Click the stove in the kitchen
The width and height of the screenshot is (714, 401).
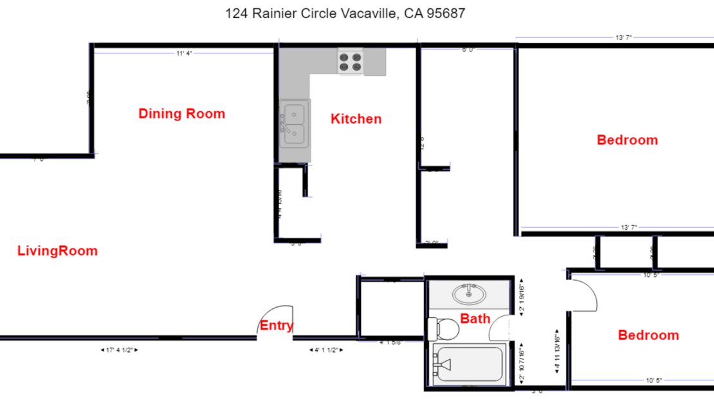pyautogui.click(x=351, y=62)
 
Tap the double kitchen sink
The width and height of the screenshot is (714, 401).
pyautogui.click(x=294, y=124)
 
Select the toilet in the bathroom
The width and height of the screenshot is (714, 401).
pyautogui.click(x=444, y=329)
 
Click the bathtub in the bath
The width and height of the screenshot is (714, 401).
pyautogui.click(x=468, y=365)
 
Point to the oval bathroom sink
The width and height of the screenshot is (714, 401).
pyautogui.click(x=470, y=294)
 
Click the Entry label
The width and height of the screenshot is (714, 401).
pyautogui.click(x=277, y=326)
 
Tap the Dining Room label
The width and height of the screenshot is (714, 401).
pyautogui.click(x=182, y=114)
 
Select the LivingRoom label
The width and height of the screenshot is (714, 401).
pyautogui.click(x=57, y=251)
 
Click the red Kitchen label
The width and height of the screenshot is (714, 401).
pyautogui.click(x=356, y=119)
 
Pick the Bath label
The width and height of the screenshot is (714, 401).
pyautogui.click(x=475, y=319)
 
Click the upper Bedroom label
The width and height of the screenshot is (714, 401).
pyautogui.click(x=627, y=140)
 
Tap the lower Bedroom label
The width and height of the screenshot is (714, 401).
pyautogui.click(x=648, y=335)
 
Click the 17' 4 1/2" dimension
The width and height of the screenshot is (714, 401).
pyautogui.click(x=120, y=350)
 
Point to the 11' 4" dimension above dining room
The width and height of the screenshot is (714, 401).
pyautogui.click(x=184, y=53)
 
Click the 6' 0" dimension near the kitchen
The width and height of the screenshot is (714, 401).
pyautogui.click(x=468, y=50)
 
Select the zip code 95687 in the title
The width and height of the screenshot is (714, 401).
pyautogui.click(x=444, y=13)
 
